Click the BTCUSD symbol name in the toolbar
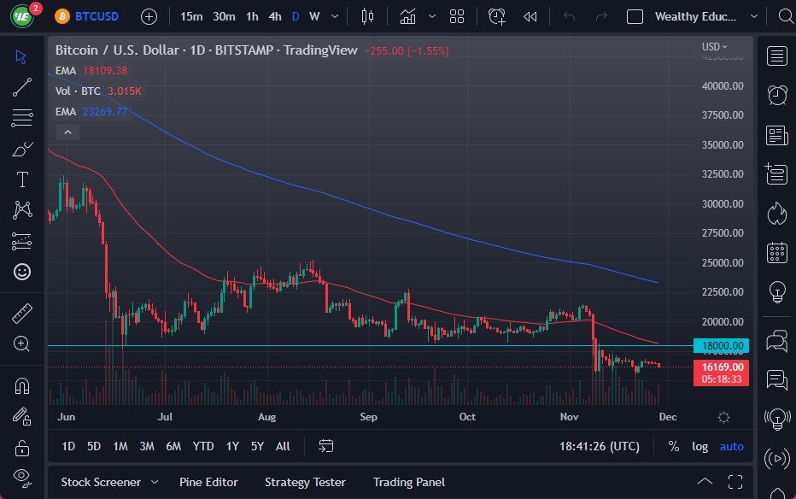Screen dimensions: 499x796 (98, 16)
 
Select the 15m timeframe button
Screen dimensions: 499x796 (191, 16)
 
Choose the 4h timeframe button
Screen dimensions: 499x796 (274, 16)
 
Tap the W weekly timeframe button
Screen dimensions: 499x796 (314, 16)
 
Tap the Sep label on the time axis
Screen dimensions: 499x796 (368, 417)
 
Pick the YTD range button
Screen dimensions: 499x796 (202, 446)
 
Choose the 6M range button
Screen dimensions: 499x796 (173, 446)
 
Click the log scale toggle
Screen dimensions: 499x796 (699, 446)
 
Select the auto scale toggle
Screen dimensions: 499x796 (731, 446)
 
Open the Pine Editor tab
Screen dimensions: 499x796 (208, 482)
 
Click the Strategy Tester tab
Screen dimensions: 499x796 (305, 482)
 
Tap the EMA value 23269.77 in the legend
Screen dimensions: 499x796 (104, 111)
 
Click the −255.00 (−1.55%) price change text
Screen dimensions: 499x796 (406, 50)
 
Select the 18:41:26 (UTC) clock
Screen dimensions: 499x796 (599, 446)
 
